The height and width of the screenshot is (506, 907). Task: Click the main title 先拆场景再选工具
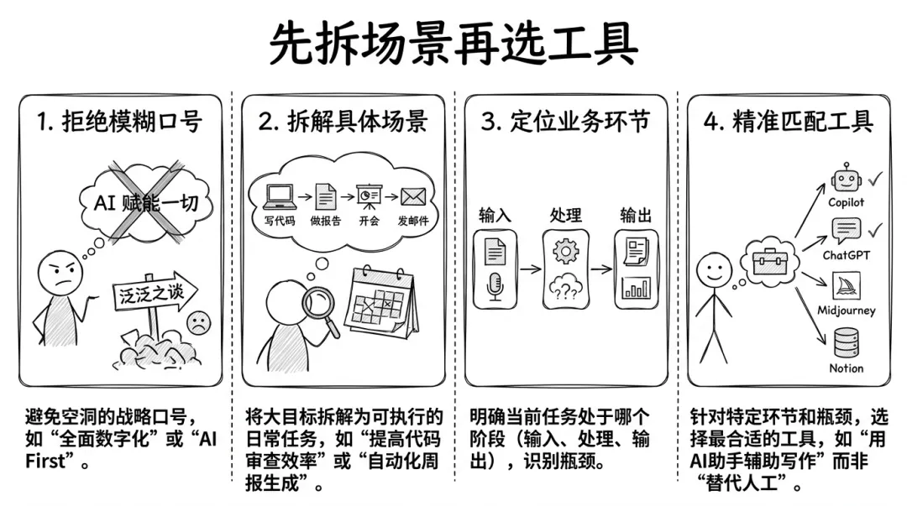click(453, 44)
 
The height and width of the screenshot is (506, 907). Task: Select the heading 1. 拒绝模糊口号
click(120, 122)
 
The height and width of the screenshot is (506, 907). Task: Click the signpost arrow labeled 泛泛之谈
click(155, 292)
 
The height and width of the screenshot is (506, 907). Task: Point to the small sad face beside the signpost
click(198, 323)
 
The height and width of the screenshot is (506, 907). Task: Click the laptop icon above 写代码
click(280, 196)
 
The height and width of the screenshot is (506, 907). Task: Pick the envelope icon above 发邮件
click(413, 196)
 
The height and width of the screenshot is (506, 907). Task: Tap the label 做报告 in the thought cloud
click(326, 221)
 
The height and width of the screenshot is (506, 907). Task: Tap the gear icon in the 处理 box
click(566, 251)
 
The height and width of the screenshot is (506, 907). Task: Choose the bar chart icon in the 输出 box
click(637, 288)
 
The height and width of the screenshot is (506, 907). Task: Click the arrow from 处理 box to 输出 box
click(601, 269)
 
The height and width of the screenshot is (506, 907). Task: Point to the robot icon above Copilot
click(847, 178)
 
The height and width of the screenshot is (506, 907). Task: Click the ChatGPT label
click(847, 255)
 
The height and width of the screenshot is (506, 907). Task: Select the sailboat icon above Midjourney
click(847, 285)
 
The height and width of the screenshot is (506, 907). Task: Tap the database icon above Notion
click(847, 342)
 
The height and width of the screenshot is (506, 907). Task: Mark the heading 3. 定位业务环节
click(565, 122)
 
